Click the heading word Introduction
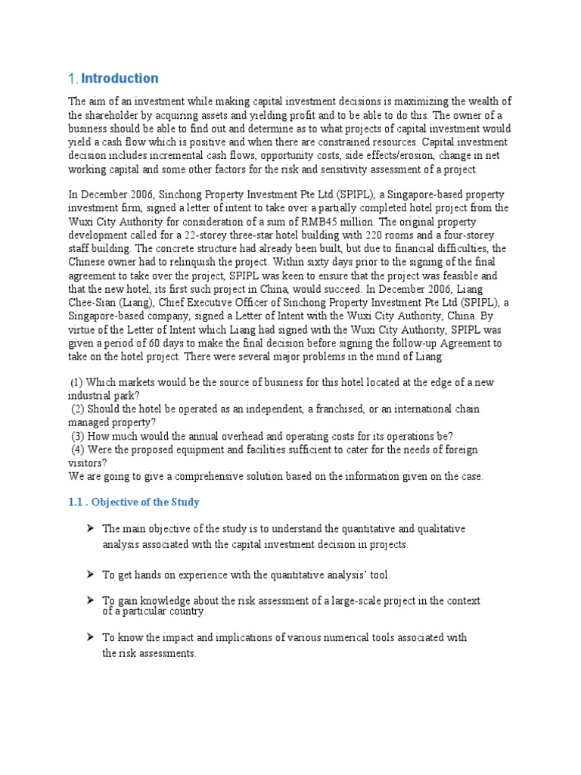120,79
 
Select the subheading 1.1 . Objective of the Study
134,503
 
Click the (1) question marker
77,383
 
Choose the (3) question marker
77,437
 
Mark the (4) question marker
77,450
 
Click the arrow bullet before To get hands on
89,575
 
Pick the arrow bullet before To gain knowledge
89,600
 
